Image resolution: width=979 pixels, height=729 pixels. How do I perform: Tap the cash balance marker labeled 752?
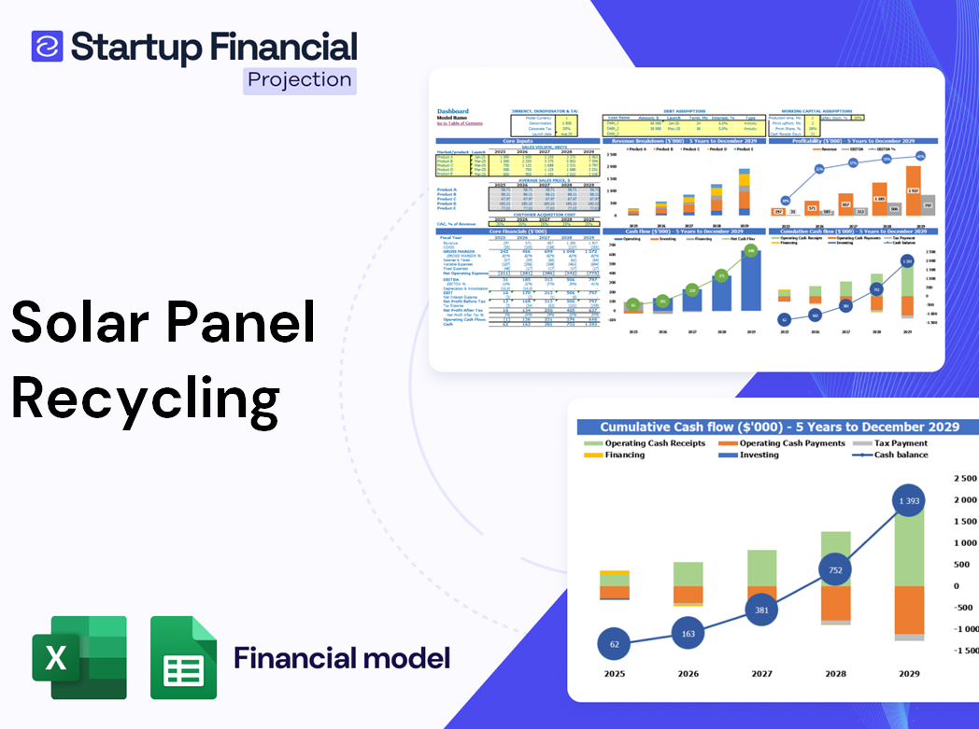point(834,570)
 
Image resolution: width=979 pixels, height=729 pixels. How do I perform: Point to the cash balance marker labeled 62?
point(614,644)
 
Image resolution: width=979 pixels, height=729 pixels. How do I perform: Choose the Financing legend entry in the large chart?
point(623,455)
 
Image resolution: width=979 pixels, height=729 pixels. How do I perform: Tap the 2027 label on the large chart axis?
point(761,673)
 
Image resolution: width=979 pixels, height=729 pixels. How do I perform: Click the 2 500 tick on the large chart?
point(963,479)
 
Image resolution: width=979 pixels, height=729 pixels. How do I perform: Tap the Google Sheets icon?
point(184,657)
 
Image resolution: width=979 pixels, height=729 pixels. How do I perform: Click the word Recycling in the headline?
point(146,397)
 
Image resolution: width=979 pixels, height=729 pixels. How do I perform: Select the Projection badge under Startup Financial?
point(299,79)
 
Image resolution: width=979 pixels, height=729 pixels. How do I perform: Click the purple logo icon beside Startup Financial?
point(47,46)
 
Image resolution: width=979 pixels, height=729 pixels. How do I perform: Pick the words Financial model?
point(342,657)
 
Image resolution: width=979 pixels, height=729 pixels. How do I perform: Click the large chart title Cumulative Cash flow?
point(779,427)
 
